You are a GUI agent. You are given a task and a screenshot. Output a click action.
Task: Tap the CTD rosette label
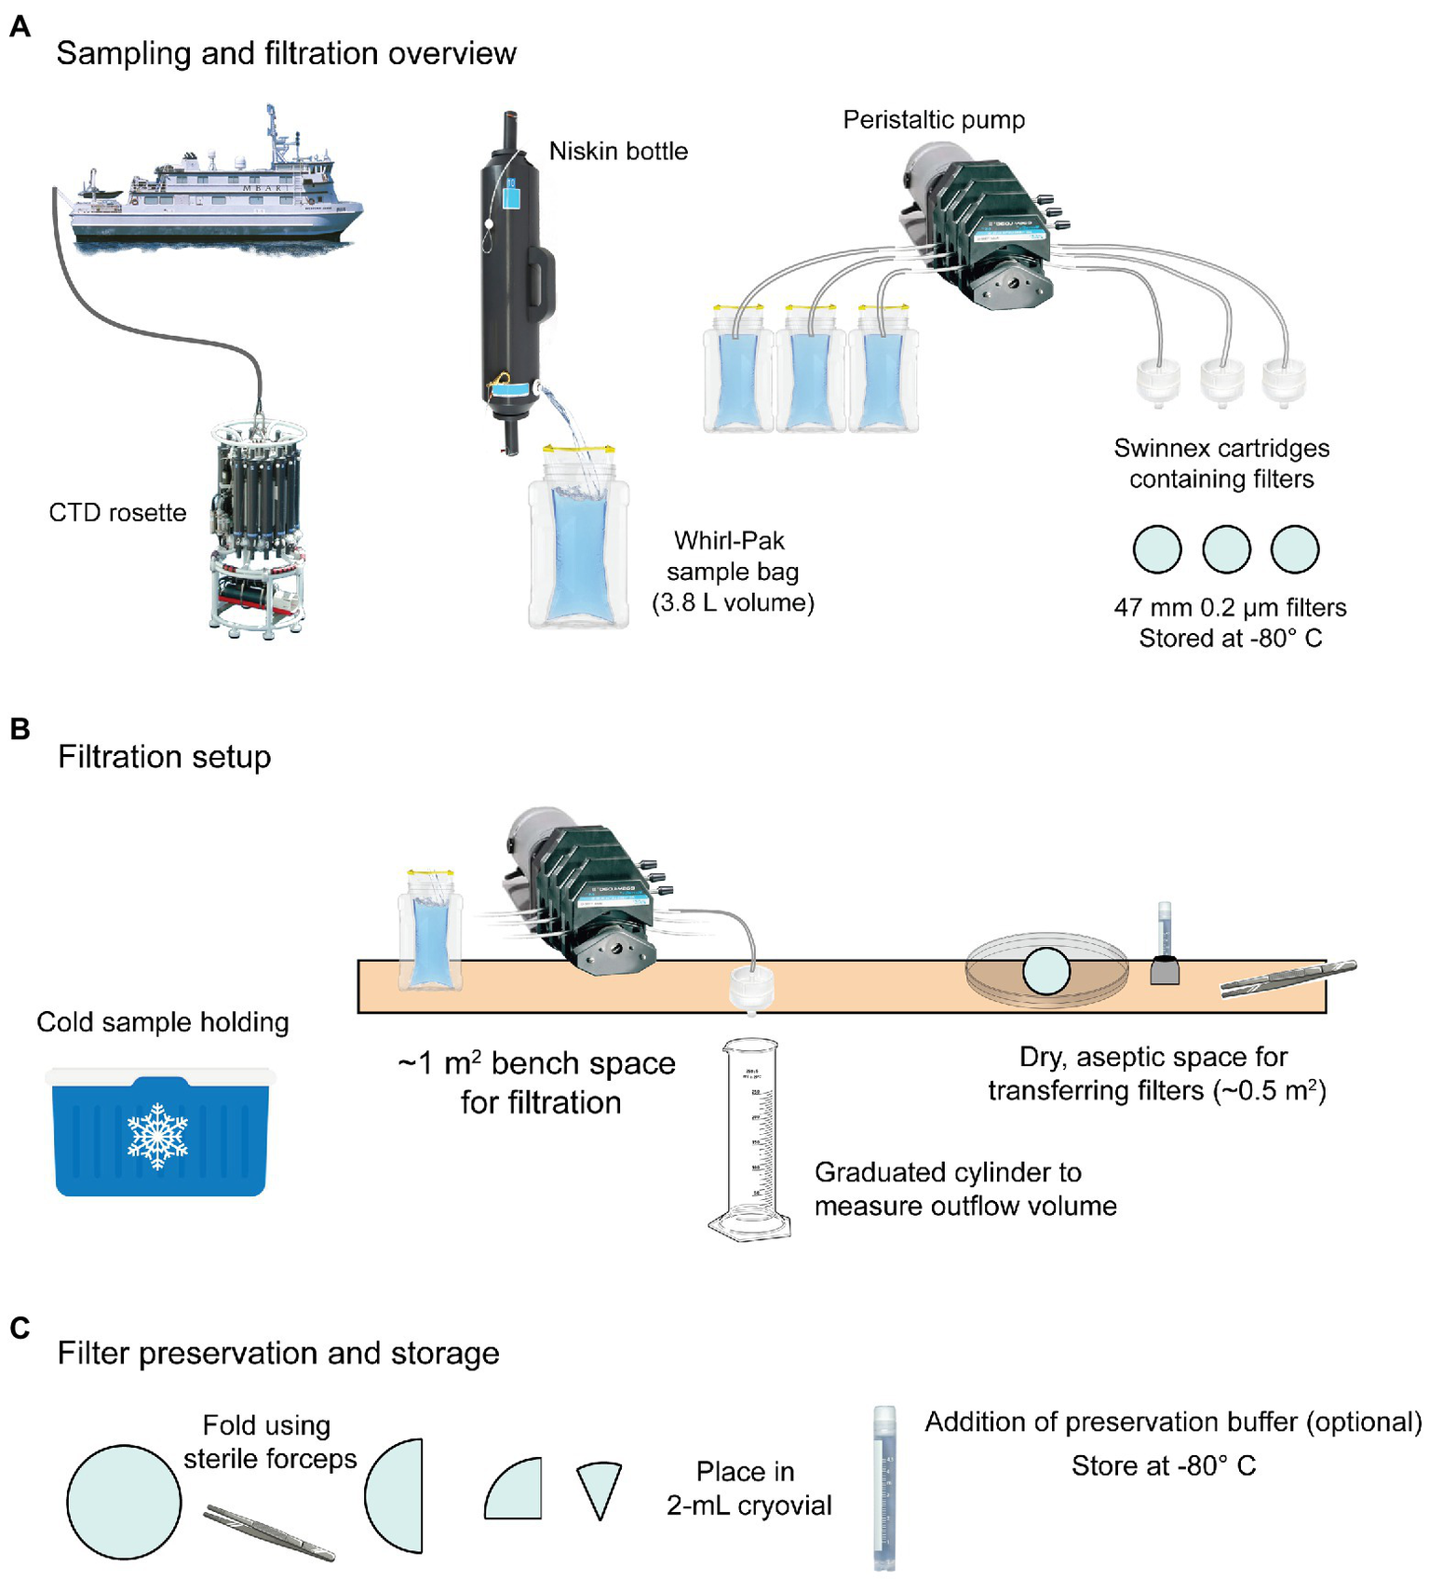(x=117, y=513)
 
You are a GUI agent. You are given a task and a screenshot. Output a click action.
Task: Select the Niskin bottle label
(x=618, y=151)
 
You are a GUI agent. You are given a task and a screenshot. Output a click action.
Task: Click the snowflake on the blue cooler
(x=157, y=1136)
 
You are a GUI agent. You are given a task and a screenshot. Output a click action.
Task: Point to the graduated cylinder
(x=750, y=1140)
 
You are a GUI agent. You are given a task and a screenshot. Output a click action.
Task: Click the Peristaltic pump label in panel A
(x=933, y=119)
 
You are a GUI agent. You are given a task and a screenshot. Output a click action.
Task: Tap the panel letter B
(x=20, y=729)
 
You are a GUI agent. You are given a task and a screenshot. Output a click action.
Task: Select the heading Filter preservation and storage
(x=277, y=1353)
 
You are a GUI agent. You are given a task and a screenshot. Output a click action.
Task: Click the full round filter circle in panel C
(x=124, y=1502)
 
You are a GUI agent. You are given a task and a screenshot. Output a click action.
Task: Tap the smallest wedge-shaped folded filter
(x=599, y=1487)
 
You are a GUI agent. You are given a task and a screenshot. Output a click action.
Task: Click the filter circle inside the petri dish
(x=1046, y=971)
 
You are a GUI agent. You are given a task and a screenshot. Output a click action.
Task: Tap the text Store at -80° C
(x=1163, y=1466)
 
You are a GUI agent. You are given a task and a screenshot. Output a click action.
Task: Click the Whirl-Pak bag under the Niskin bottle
(x=578, y=549)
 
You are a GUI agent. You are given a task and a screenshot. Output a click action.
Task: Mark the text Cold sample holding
(x=163, y=1022)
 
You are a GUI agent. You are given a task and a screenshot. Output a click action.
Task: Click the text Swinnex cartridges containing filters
(x=1221, y=464)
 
